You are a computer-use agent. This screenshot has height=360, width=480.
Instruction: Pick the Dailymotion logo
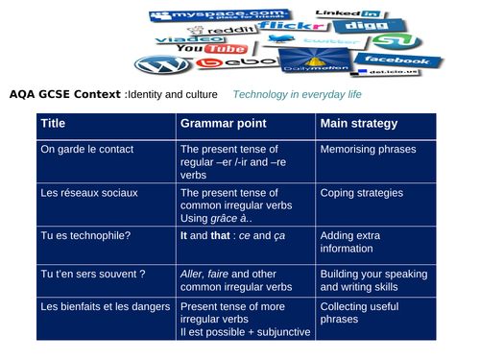click(310, 63)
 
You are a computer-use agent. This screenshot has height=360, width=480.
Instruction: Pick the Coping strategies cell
click(361, 193)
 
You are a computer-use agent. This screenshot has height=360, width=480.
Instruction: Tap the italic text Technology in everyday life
click(298, 95)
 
